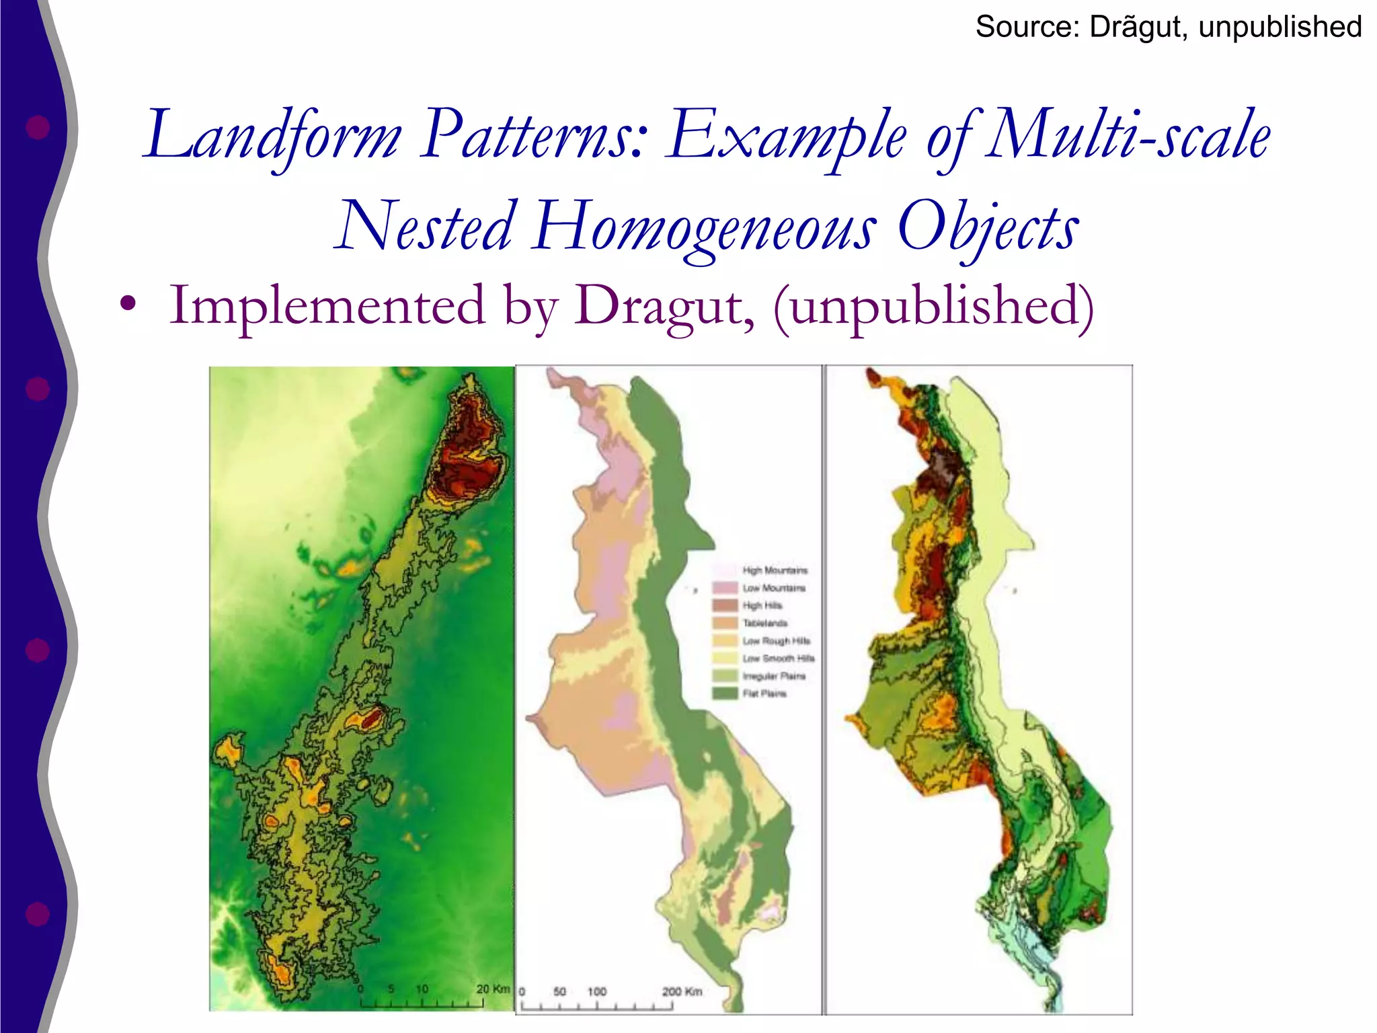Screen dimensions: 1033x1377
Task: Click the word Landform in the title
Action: (273, 136)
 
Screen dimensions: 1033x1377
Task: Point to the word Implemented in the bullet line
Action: (327, 306)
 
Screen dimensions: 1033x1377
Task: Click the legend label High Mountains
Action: (775, 570)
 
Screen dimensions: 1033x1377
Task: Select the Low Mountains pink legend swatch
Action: (725, 588)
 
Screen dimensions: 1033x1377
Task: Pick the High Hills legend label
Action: (762, 605)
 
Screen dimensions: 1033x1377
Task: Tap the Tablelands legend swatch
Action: (725, 623)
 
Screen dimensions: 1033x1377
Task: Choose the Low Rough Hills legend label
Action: (777, 641)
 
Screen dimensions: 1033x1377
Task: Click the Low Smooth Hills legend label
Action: (779, 658)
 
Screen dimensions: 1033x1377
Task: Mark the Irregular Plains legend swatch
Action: (725, 676)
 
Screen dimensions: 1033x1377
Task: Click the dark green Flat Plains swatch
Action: (725, 693)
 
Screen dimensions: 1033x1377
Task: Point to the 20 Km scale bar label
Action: (493, 989)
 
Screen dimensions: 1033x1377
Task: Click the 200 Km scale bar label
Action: (682, 991)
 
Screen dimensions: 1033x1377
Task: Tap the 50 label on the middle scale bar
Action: (559, 991)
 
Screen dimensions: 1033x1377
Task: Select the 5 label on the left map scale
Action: (391, 989)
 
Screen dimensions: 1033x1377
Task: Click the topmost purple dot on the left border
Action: (38, 127)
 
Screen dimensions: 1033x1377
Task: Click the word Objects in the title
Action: (988, 227)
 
